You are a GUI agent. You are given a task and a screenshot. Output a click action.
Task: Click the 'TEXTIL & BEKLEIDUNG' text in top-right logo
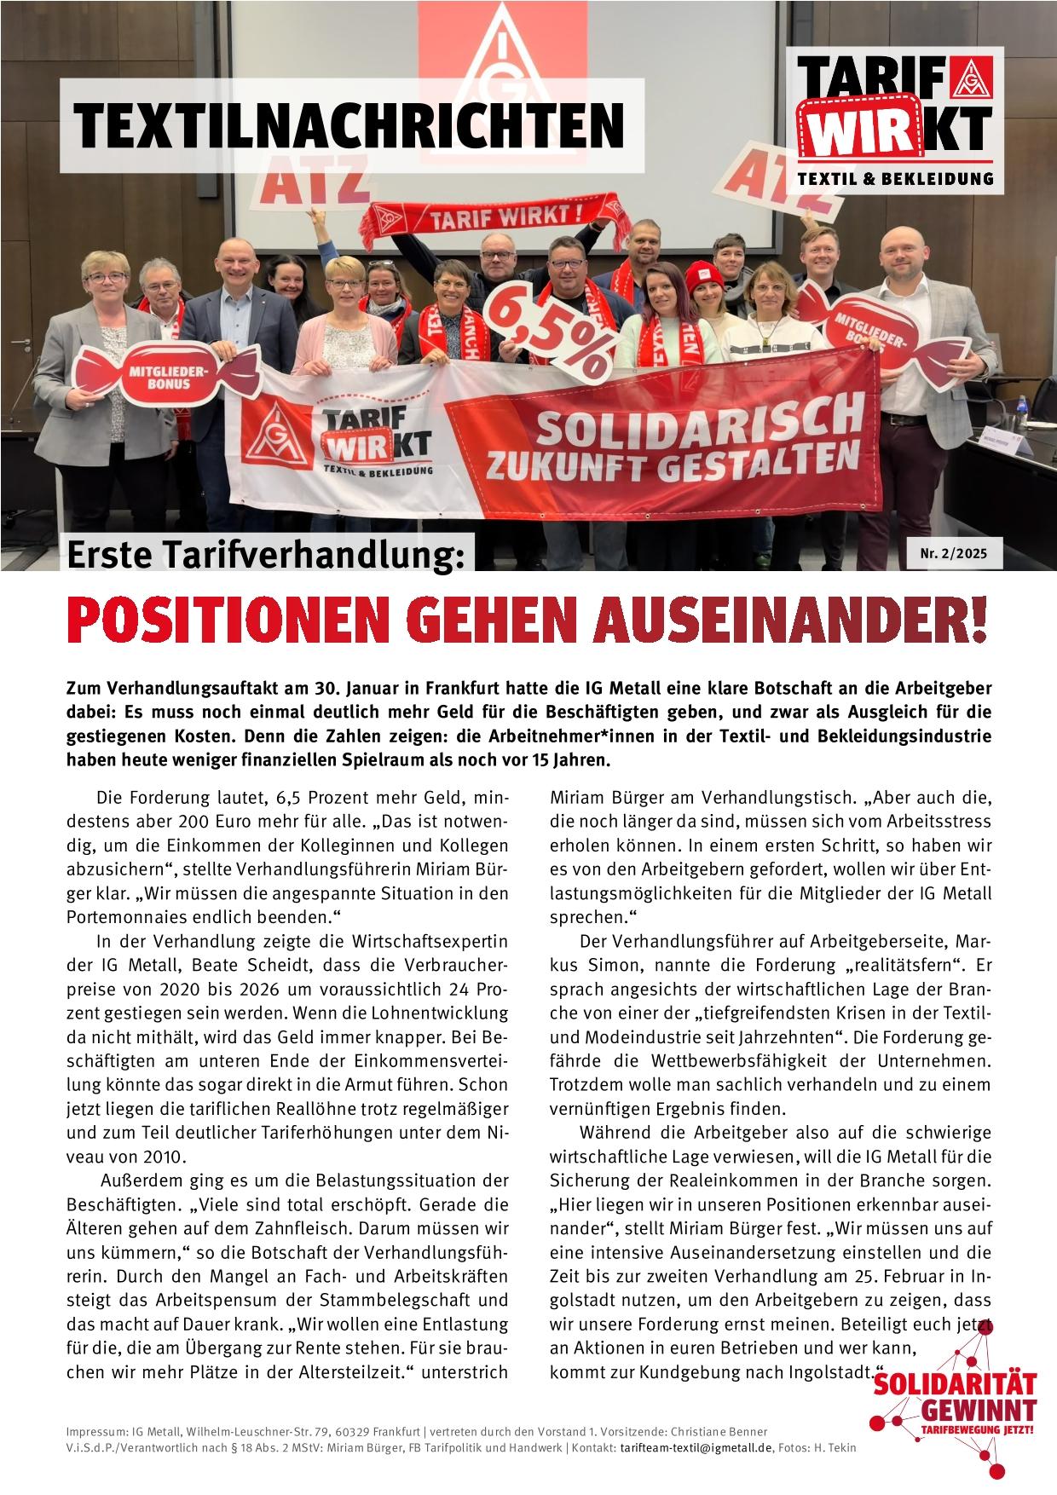click(x=895, y=178)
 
